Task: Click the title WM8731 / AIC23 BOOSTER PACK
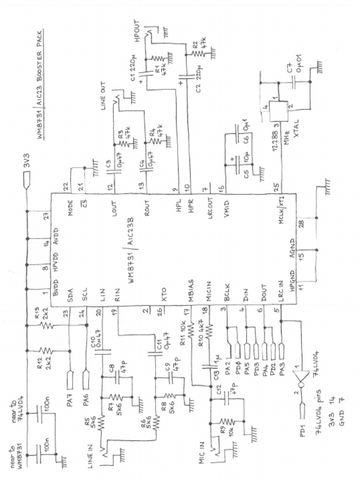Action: (40, 89)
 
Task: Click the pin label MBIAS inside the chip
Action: (191, 291)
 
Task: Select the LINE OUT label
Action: (104, 96)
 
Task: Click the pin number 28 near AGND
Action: (300, 224)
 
